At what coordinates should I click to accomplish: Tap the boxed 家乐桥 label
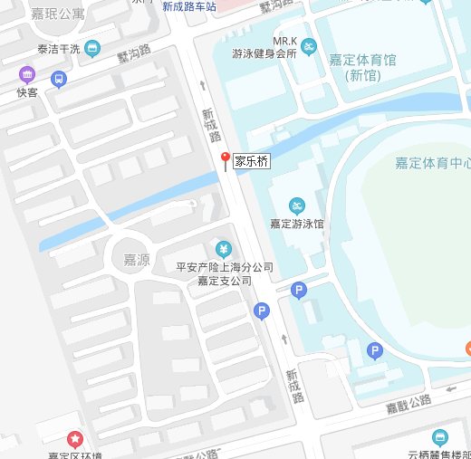click(x=252, y=163)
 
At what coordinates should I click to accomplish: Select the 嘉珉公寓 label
click(x=58, y=14)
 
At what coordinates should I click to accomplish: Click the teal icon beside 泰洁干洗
click(x=92, y=49)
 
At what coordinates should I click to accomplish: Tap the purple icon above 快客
click(x=27, y=74)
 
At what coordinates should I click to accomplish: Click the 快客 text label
click(x=27, y=91)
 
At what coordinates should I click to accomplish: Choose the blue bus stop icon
click(x=60, y=79)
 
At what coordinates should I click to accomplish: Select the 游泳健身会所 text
click(x=264, y=54)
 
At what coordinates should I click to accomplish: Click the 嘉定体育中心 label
click(x=432, y=164)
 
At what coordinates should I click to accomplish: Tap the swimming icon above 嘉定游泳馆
click(x=296, y=205)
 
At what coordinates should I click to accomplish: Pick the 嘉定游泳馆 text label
click(x=296, y=223)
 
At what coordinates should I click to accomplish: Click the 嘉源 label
click(x=137, y=260)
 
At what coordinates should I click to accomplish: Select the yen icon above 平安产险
click(x=224, y=249)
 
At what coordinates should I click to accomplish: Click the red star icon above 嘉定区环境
click(x=75, y=439)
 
